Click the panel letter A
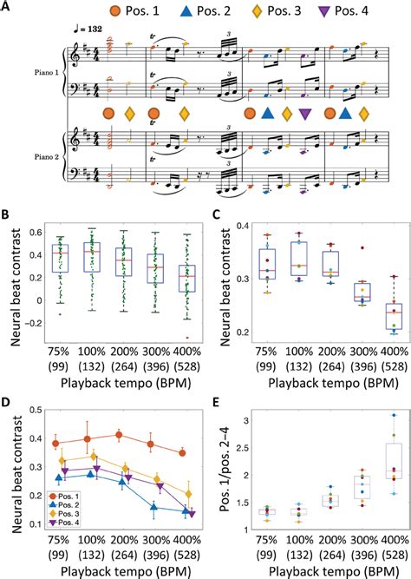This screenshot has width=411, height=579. point(7,8)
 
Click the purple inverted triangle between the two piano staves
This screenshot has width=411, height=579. point(304,114)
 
